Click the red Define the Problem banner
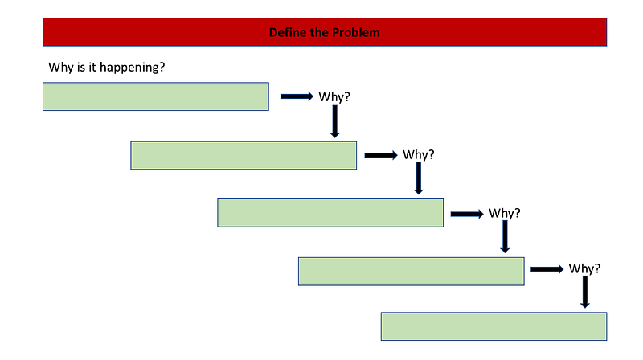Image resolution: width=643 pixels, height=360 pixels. pyautogui.click(x=325, y=32)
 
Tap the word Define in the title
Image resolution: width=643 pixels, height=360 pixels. pyautogui.click(x=288, y=32)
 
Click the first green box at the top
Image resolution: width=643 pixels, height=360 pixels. pyautogui.click(x=156, y=96)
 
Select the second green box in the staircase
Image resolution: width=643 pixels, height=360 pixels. pyautogui.click(x=244, y=155)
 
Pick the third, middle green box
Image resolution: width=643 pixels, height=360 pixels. pyautogui.click(x=330, y=213)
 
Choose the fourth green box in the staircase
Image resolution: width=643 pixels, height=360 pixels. pyautogui.click(x=412, y=272)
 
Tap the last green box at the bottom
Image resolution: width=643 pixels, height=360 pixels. pyautogui.click(x=494, y=326)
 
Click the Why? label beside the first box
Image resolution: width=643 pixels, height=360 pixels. pyautogui.click(x=334, y=96)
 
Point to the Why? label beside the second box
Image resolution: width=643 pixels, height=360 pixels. pyautogui.click(x=418, y=154)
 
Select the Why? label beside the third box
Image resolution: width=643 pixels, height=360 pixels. pyautogui.click(x=505, y=213)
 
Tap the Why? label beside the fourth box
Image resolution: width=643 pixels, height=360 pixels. pyautogui.click(x=584, y=268)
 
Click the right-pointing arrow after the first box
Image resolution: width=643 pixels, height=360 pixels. pyautogui.click(x=297, y=96)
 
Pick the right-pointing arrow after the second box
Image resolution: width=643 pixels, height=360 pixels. pyautogui.click(x=381, y=155)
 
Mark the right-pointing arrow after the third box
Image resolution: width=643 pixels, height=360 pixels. pyautogui.click(x=467, y=214)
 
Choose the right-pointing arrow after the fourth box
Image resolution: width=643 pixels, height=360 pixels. pyautogui.click(x=547, y=269)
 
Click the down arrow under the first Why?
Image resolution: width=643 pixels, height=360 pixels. pyautogui.click(x=334, y=121)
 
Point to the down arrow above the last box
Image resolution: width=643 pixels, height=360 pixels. pyautogui.click(x=585, y=292)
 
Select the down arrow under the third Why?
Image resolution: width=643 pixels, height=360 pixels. pyautogui.click(x=505, y=236)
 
